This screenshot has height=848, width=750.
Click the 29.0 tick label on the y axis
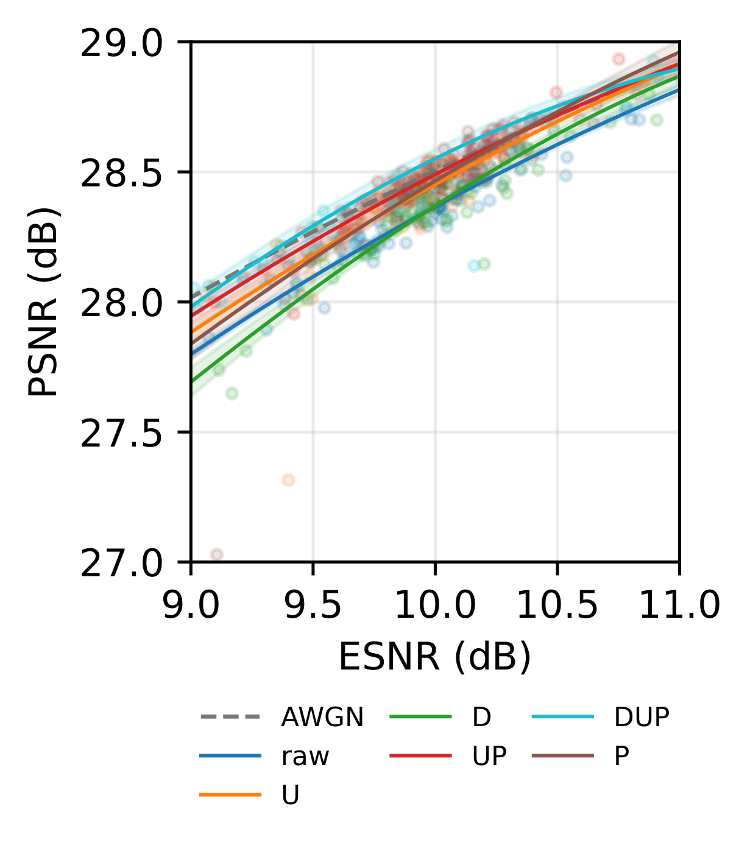point(121,44)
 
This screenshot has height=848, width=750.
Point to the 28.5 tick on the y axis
point(121,174)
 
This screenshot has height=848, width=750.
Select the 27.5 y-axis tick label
point(121,434)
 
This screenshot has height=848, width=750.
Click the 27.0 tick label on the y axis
point(121,564)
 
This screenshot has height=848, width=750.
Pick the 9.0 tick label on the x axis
point(191,607)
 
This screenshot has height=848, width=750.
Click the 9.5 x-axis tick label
point(313,607)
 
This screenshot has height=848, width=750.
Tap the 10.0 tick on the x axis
point(435,607)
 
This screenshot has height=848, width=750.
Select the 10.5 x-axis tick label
point(557,607)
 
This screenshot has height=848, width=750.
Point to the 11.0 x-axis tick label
point(679,607)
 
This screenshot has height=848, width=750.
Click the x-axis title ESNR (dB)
point(435,657)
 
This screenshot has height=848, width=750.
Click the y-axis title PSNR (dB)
point(44,302)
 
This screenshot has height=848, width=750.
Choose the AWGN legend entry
point(322,718)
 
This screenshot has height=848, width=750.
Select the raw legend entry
point(305,757)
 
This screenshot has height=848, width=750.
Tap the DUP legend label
point(642,718)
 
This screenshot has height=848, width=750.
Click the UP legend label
point(489,757)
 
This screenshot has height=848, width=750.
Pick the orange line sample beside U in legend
point(230,795)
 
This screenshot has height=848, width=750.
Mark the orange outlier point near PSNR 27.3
point(288,480)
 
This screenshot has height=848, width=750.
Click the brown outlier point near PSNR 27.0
point(216,554)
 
